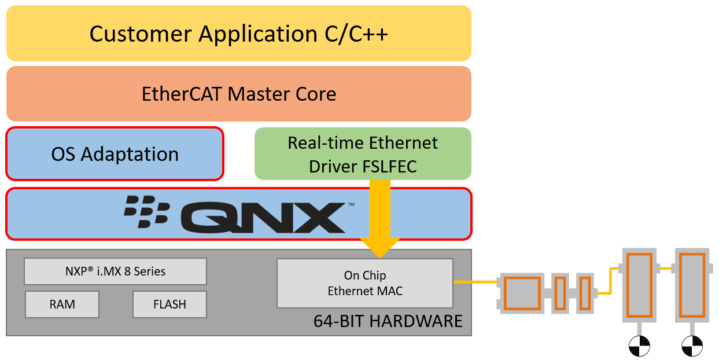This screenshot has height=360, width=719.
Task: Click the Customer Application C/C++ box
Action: (238, 34)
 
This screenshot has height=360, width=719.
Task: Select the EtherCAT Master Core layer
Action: (238, 94)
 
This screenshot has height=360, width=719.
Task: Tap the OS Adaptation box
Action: (115, 154)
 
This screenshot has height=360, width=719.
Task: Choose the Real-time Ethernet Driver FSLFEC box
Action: (363, 154)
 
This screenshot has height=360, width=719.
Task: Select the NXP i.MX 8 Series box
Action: (115, 271)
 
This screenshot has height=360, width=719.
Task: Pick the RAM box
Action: (62, 304)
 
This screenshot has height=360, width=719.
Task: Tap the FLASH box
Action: (169, 304)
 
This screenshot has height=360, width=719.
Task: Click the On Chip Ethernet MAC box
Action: (364, 283)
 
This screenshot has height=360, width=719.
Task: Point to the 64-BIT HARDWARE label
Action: (388, 321)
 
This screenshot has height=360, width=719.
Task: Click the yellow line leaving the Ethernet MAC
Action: (475, 282)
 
